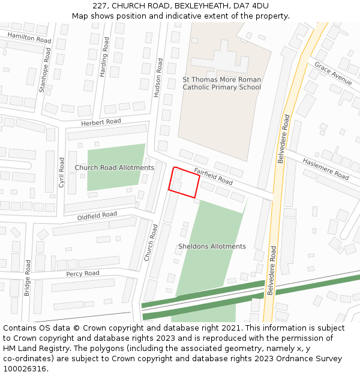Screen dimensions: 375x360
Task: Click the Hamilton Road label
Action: click(29, 38)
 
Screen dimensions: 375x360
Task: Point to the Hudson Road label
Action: click(159, 77)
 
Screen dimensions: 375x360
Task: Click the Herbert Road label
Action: click(101, 122)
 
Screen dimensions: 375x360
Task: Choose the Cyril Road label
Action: click(61, 173)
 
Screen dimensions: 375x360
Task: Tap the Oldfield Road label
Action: click(97, 215)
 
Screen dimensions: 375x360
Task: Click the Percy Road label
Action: click(83, 274)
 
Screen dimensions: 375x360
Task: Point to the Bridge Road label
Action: click(27, 278)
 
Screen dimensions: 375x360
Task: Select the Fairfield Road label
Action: click(213, 176)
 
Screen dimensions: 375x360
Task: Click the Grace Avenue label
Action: click(333, 73)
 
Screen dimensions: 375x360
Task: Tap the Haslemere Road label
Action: click(325, 169)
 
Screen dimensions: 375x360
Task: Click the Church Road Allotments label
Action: click(115, 167)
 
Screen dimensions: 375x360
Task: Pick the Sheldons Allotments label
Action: click(212, 247)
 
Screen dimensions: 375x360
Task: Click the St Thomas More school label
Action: click(222, 83)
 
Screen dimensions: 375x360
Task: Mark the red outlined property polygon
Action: click(184, 182)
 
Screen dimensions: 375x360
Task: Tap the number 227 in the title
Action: click(101, 6)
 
